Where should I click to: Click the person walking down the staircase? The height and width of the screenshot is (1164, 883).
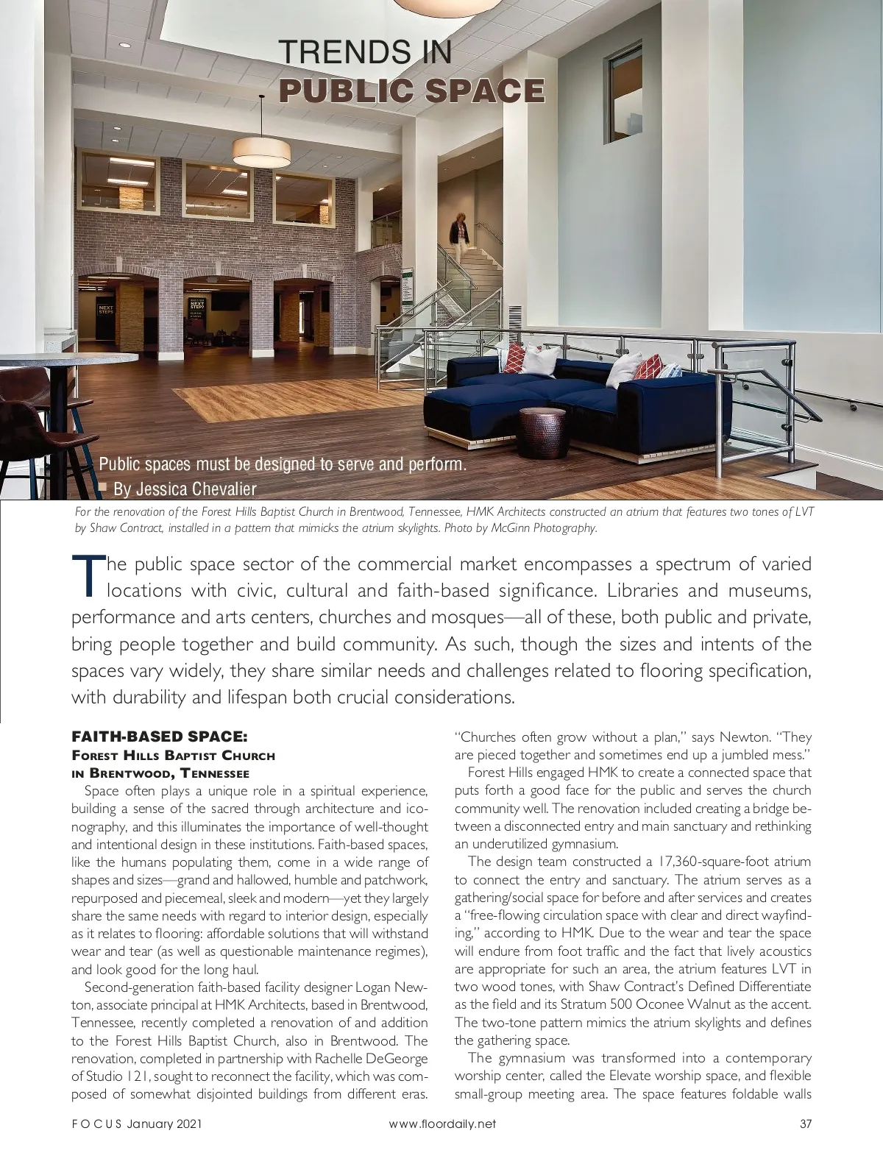459,235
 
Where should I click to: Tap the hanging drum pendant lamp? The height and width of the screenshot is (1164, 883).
261,152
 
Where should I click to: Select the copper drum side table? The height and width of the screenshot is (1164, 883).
543,432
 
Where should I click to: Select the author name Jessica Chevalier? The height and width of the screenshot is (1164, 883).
195,489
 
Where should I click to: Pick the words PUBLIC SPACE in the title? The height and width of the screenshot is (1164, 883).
412,90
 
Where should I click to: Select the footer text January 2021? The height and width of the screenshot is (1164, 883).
164,1145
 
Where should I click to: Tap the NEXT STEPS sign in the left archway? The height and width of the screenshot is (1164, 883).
106,310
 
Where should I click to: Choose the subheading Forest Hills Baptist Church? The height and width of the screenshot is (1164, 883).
173,756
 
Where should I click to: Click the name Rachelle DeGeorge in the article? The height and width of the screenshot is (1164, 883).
366,1059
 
